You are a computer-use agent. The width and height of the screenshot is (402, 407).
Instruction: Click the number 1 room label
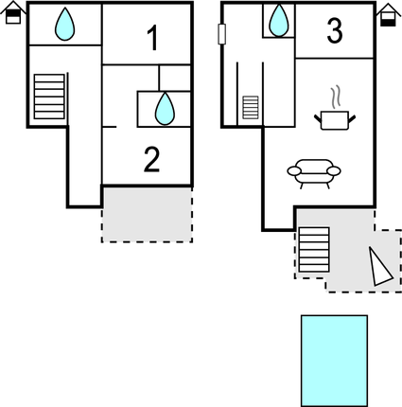(153, 38)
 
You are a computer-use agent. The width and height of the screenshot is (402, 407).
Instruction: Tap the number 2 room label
(151, 160)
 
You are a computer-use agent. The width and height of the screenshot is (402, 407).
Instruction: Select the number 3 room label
(335, 31)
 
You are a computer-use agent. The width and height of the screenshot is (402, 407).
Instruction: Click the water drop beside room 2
(165, 109)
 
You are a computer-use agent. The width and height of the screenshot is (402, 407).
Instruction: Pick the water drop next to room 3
(279, 20)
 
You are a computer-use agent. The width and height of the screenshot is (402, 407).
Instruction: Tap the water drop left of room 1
(65, 25)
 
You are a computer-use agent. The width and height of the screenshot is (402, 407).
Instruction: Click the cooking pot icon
(335, 120)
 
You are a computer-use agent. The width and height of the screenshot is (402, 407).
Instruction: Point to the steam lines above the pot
(336, 97)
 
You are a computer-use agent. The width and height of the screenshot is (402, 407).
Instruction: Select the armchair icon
(314, 173)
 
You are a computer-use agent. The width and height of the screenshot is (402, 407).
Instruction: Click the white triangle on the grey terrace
(380, 268)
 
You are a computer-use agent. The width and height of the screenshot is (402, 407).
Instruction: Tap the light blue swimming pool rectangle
(334, 361)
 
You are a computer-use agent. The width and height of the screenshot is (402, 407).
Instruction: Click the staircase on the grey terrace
(314, 250)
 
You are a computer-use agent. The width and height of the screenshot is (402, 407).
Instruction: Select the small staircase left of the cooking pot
(251, 108)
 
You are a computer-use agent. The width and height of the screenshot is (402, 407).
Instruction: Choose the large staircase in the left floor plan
(49, 97)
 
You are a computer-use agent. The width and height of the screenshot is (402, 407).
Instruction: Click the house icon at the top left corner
(13, 12)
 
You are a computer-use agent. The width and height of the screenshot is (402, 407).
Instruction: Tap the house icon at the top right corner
(389, 15)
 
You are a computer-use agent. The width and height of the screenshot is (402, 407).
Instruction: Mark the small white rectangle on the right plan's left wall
(221, 34)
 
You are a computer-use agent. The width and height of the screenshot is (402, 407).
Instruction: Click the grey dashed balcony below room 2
(147, 215)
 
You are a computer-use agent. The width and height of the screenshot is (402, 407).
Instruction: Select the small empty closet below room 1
(175, 78)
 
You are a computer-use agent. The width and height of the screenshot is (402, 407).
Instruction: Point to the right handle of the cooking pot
(352, 118)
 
